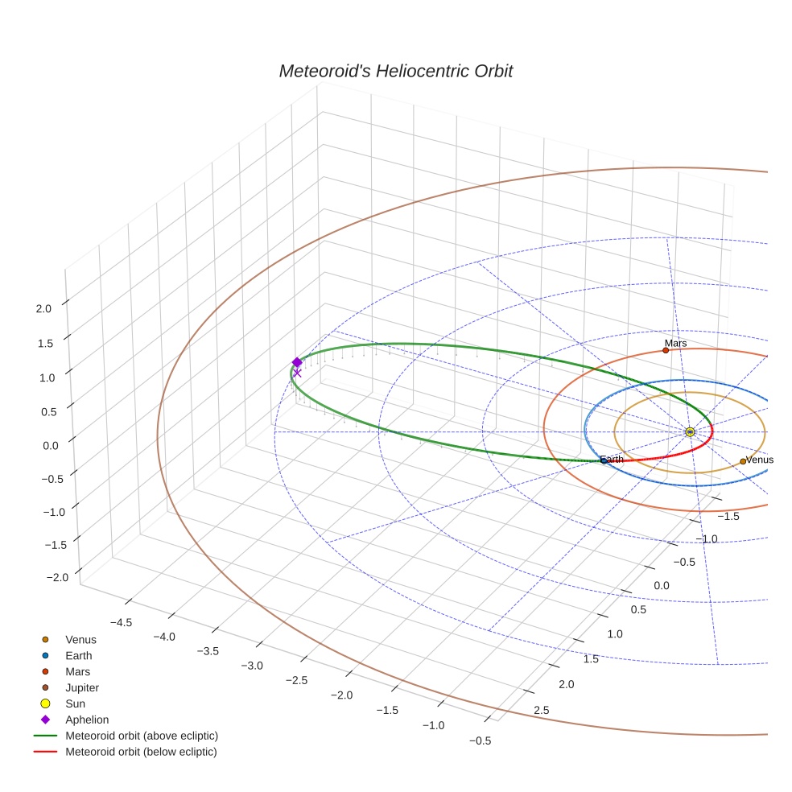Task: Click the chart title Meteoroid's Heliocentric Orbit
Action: pyautogui.click(x=395, y=71)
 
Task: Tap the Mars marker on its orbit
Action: pyautogui.click(x=666, y=350)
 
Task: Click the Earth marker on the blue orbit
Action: pyautogui.click(x=604, y=460)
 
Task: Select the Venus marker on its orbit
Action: pyautogui.click(x=743, y=461)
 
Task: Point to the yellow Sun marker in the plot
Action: pyautogui.click(x=690, y=432)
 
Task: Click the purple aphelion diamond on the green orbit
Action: pyautogui.click(x=297, y=362)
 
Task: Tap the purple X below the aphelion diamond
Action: pyautogui.click(x=297, y=373)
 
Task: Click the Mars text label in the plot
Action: pyautogui.click(x=675, y=343)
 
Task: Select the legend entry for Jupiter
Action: pyautogui.click(x=82, y=687)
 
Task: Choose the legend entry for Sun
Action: pyautogui.click(x=75, y=703)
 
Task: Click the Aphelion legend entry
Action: pyautogui.click(x=87, y=720)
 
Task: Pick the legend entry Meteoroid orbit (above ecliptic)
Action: pyautogui.click(x=142, y=736)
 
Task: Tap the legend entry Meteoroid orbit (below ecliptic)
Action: pyautogui.click(x=141, y=752)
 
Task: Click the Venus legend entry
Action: pyautogui.click(x=80, y=639)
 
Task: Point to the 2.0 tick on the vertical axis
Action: pyautogui.click(x=43, y=307)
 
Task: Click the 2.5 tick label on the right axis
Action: pyautogui.click(x=541, y=710)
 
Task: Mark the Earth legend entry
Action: pyautogui.click(x=79, y=655)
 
